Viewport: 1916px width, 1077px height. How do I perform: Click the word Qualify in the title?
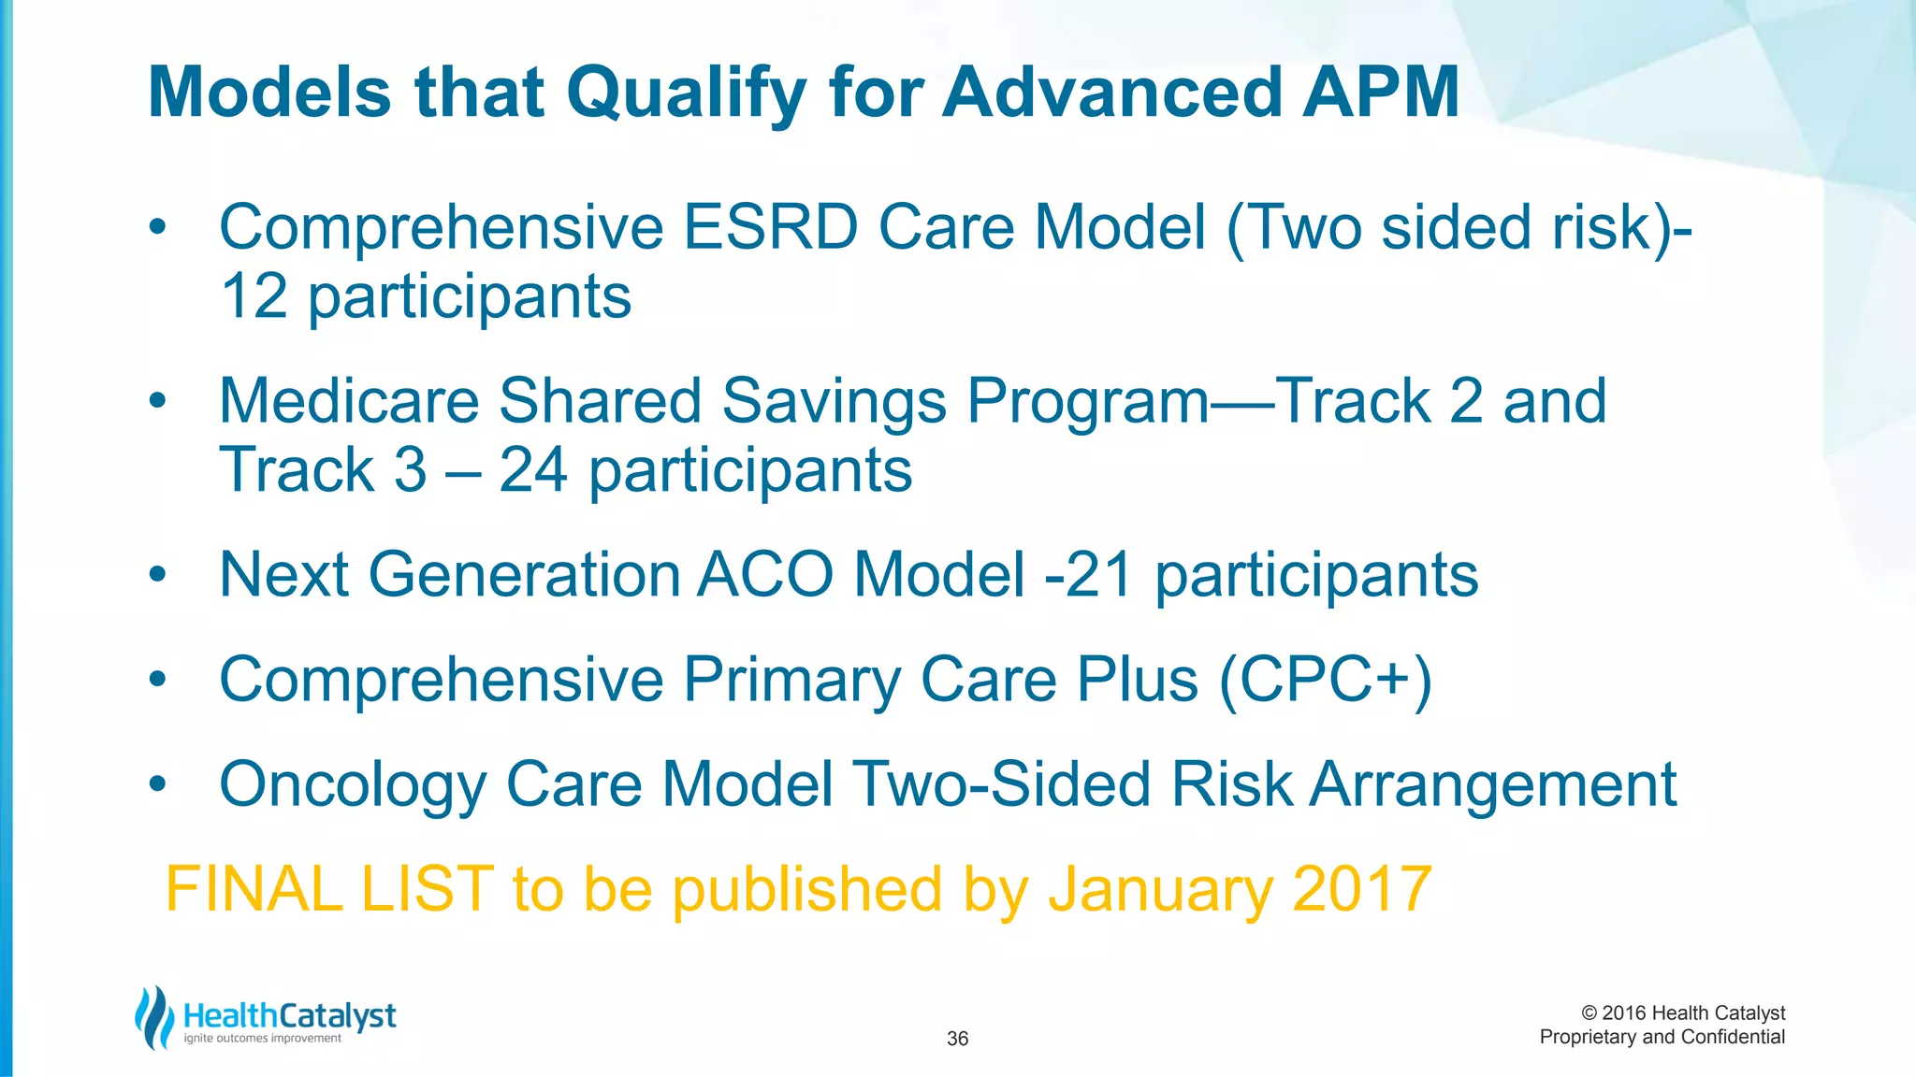pos(686,93)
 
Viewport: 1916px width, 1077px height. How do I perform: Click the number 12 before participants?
pos(254,297)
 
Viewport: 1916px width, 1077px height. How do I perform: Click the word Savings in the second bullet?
pos(834,402)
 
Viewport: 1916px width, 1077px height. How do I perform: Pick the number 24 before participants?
pos(532,469)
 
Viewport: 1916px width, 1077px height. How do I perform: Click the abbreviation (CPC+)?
pos(1325,680)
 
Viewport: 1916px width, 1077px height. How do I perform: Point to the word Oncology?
pos(352,785)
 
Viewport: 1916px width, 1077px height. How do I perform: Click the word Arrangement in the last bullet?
pos(1491,785)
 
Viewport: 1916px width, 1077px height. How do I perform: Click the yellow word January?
pos(1159,889)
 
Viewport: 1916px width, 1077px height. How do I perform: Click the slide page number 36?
pos(957,1039)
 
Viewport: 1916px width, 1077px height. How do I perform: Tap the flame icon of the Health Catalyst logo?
pos(153,1017)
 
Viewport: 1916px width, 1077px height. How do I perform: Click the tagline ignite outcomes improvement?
pos(262,1039)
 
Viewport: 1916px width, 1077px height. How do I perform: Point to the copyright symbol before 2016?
pos(1589,1013)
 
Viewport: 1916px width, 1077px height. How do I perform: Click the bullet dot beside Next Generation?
pos(157,574)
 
